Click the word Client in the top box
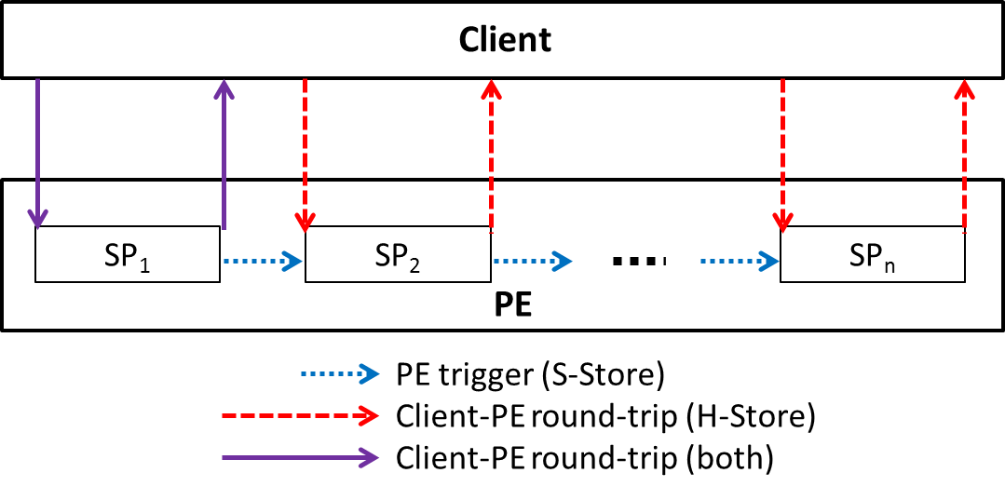pos(505,40)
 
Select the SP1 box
pos(128,254)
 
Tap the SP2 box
pos(398,254)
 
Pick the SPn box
pos(872,254)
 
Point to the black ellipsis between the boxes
pos(638,262)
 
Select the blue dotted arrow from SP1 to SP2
pos(263,262)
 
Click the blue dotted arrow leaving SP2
pos(532,262)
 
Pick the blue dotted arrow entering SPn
pos(740,262)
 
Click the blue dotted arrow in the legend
pos(340,374)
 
